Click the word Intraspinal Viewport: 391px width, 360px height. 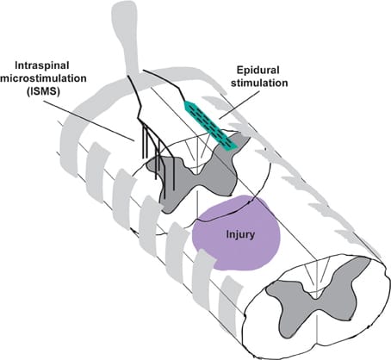[42, 65]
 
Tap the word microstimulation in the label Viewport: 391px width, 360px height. [43, 78]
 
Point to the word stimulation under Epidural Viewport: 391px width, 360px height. [259, 83]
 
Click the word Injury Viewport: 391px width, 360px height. [240, 235]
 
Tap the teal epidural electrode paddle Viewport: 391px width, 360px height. [211, 125]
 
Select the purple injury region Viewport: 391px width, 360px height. [235, 233]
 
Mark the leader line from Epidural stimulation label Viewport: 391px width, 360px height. [239, 105]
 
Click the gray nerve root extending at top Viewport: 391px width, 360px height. [127, 37]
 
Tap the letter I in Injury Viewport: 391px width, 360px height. [227, 234]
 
